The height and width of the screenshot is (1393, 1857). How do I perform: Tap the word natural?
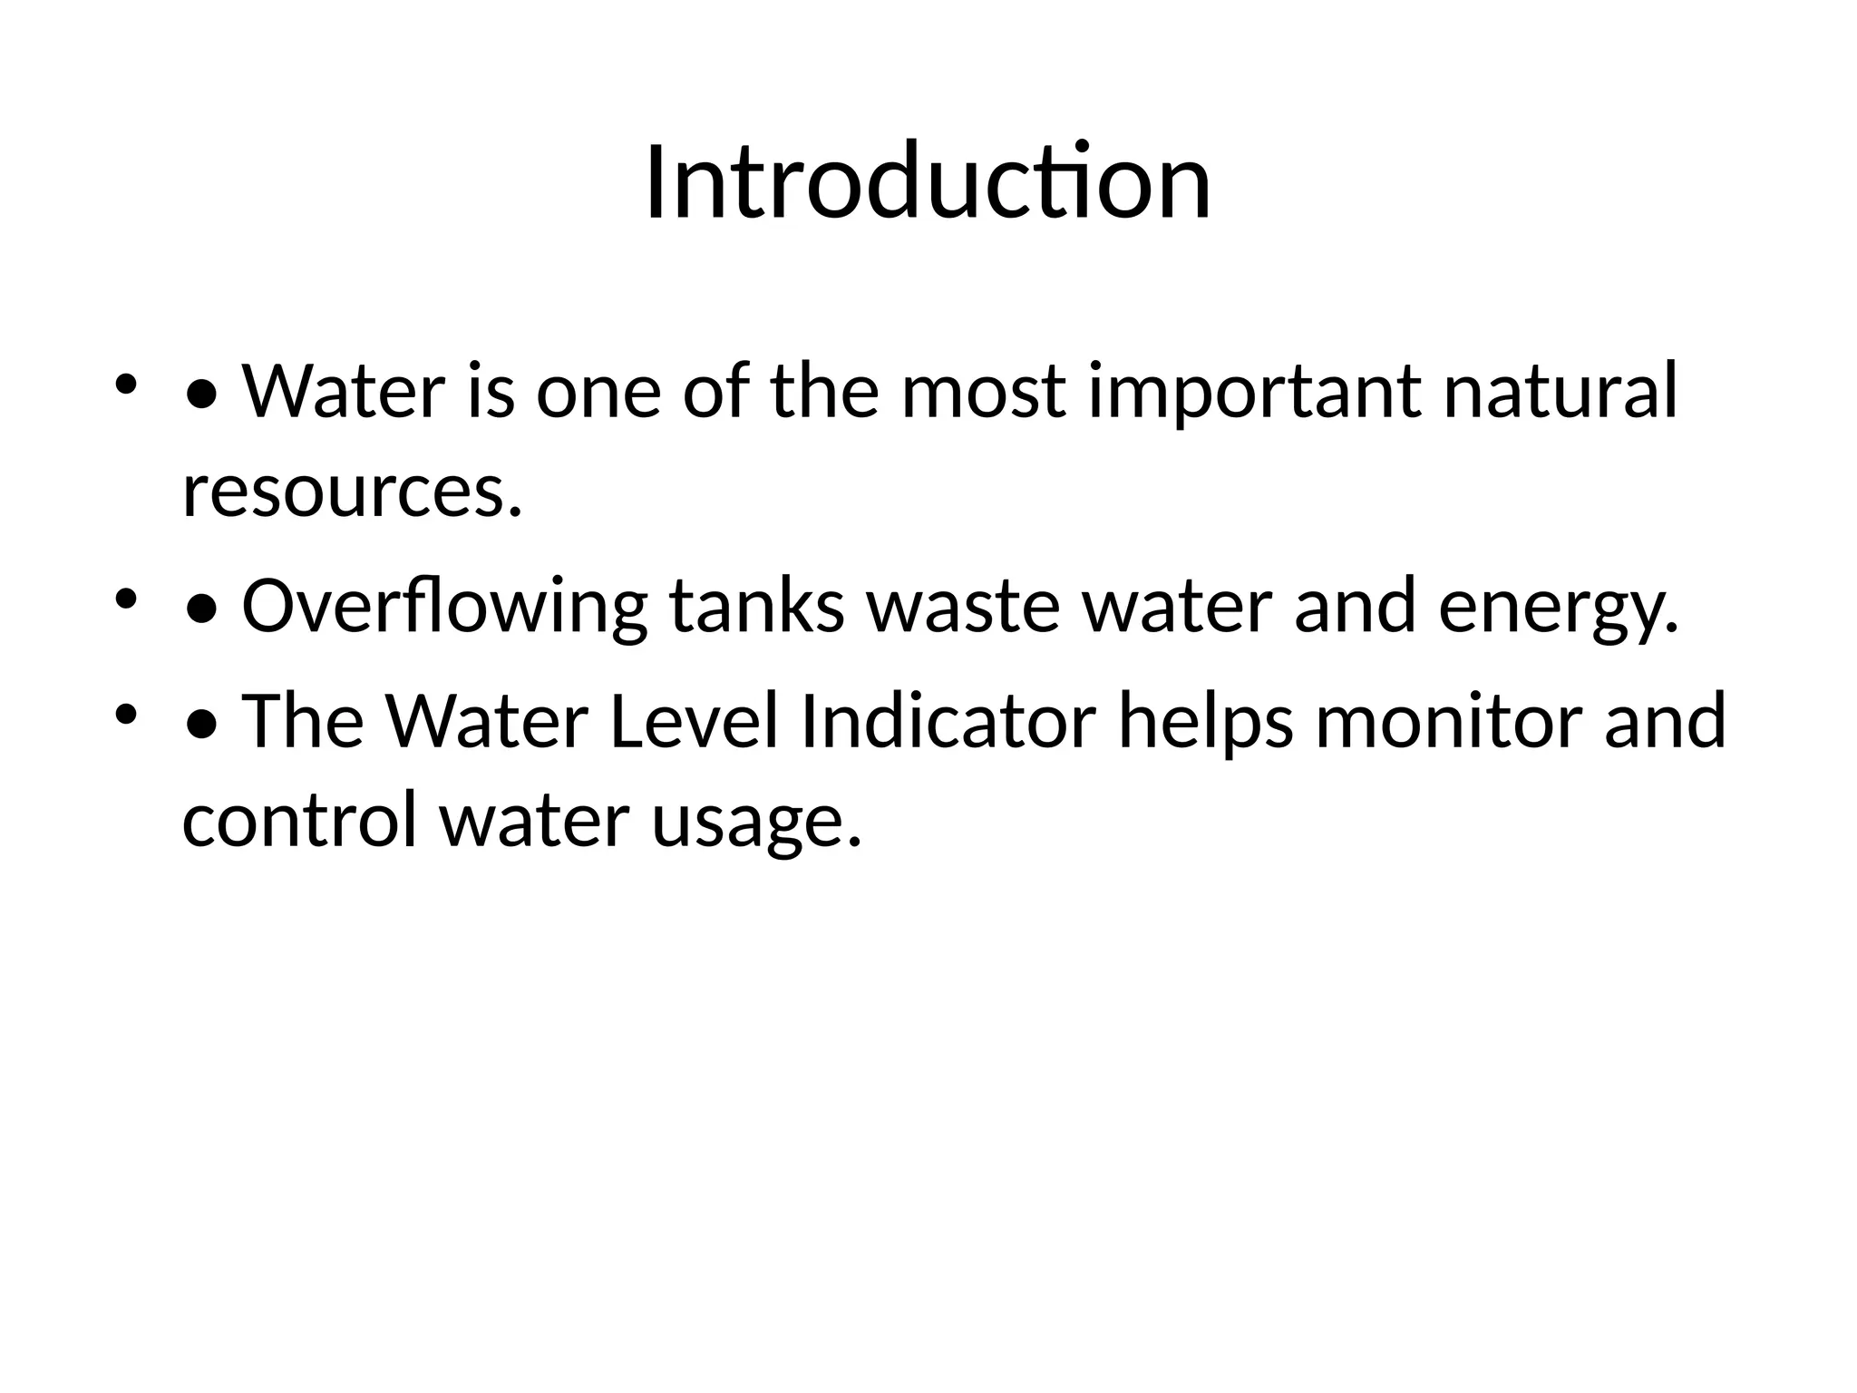click(x=1560, y=392)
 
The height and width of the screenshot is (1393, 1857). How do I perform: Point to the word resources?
click(x=353, y=492)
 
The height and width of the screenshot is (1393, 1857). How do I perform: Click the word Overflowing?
click(x=444, y=608)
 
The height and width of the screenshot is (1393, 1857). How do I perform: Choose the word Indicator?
click(x=948, y=722)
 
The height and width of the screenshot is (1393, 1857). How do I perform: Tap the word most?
click(x=983, y=392)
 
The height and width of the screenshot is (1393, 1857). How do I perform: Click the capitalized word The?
click(x=303, y=722)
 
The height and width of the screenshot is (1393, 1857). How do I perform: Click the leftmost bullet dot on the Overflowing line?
click(x=125, y=599)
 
